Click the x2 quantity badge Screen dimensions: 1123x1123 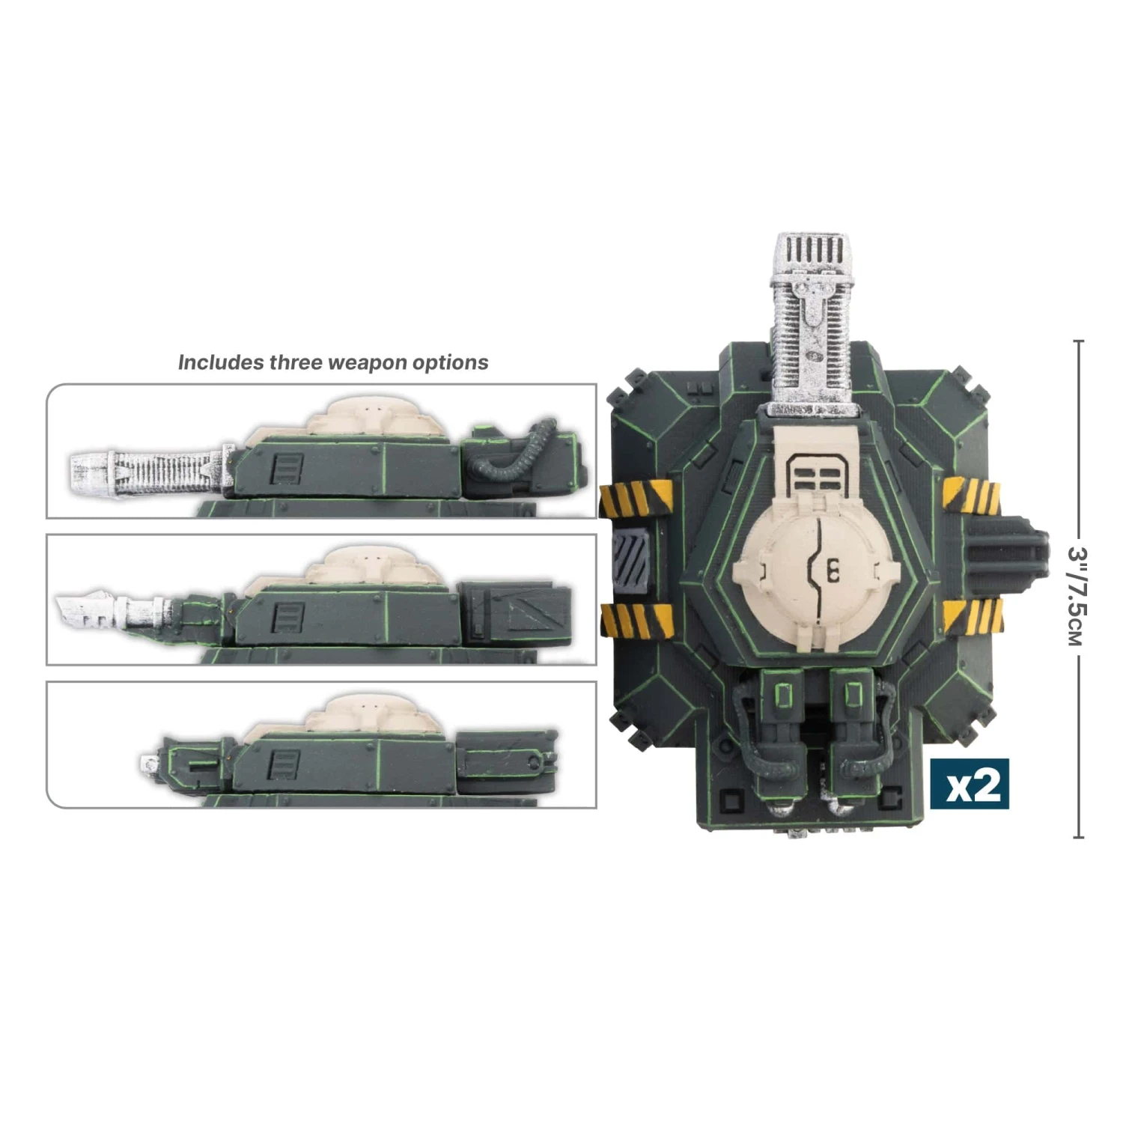(x=970, y=784)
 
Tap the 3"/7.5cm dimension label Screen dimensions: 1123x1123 (x=1076, y=595)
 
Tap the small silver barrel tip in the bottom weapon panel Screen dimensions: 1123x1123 (x=148, y=764)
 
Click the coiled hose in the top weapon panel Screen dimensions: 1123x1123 (x=517, y=457)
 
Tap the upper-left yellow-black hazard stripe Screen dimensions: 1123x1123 (x=636, y=498)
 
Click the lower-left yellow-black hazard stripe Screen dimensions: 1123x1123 (x=636, y=620)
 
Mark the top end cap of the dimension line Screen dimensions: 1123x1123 (x=1078, y=341)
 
